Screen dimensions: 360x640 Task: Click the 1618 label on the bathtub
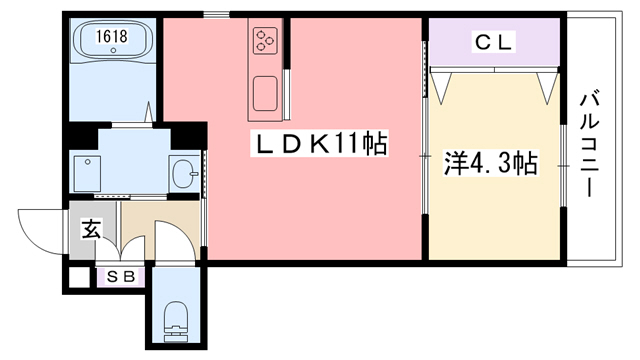(x=111, y=37)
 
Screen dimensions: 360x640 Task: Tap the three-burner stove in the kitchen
(x=266, y=41)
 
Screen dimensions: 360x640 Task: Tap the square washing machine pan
(x=91, y=173)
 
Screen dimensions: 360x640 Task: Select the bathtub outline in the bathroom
(x=111, y=42)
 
